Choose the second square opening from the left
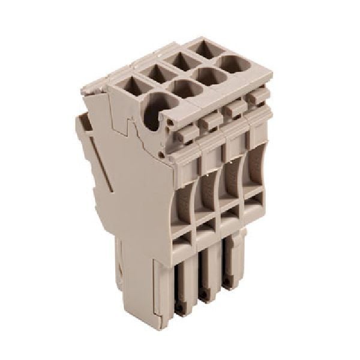(158, 73)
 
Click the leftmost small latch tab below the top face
(186, 133)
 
